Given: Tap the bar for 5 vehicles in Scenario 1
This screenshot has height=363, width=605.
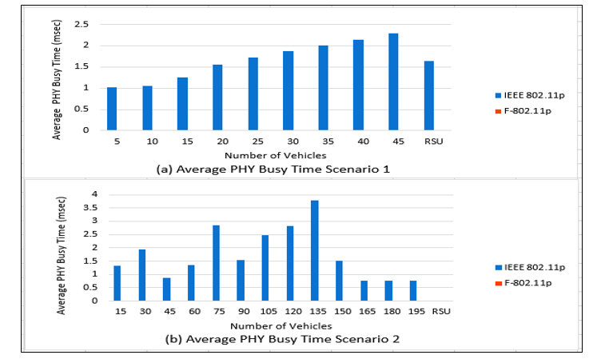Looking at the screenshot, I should tap(113, 109).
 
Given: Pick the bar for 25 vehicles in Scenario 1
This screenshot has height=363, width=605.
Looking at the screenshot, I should tap(253, 94).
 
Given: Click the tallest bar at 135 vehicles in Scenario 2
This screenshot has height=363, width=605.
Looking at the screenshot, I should tap(314, 250).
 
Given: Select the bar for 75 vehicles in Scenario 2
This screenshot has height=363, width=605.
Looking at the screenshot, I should tap(216, 263).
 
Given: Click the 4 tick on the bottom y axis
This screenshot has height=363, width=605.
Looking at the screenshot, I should tap(94, 193).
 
